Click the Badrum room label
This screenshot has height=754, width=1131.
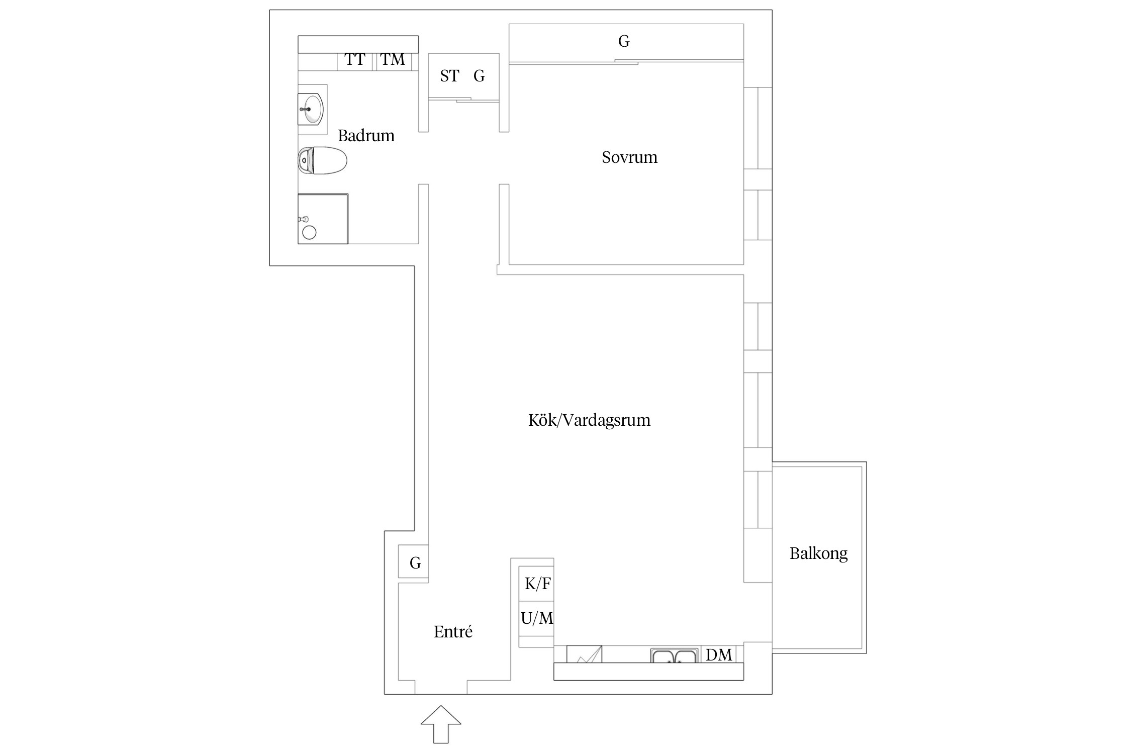click(366, 136)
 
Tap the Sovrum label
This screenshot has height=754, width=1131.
click(629, 157)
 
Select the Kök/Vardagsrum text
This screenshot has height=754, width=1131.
click(589, 420)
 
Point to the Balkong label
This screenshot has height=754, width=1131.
click(818, 553)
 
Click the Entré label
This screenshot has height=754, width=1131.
click(453, 631)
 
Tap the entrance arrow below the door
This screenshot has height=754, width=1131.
click(441, 724)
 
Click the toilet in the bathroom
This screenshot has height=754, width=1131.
click(323, 161)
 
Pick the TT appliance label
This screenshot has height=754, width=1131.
click(355, 60)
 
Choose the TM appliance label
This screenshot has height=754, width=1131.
click(393, 60)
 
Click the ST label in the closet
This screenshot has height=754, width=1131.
click(449, 76)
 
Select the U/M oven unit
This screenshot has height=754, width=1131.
click(536, 618)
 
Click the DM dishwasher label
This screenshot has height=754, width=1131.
click(719, 654)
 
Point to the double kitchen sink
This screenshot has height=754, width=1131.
click(675, 655)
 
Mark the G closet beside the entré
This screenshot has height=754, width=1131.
click(413, 561)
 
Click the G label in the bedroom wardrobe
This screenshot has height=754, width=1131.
click(624, 41)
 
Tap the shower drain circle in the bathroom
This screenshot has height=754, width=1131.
click(309, 232)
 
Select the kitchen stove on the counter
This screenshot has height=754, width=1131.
click(584, 654)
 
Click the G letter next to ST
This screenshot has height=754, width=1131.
click(479, 76)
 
